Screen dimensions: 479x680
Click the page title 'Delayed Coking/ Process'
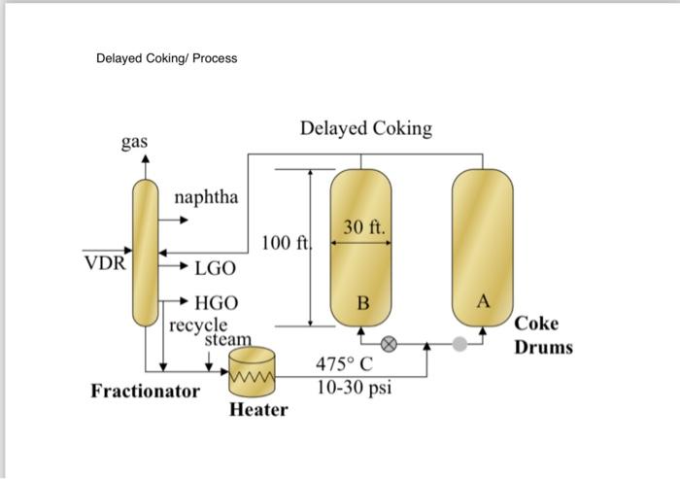pos(166,58)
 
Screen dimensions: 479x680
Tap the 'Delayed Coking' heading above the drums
pos(365,128)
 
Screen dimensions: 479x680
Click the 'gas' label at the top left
pos(134,142)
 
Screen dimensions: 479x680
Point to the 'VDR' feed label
pos(104,262)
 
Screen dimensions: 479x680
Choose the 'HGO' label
pos(216,304)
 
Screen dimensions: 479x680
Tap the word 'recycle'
pos(199,324)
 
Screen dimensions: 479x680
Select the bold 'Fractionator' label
pos(145,392)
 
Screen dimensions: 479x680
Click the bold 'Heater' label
pos(258,409)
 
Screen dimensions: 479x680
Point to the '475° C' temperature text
pos(345,366)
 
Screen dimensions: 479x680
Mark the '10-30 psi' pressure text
pos(354,387)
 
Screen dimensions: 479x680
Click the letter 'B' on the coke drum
pos(362,304)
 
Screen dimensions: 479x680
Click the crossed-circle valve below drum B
pos(389,343)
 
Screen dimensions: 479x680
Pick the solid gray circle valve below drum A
pos(459,343)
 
